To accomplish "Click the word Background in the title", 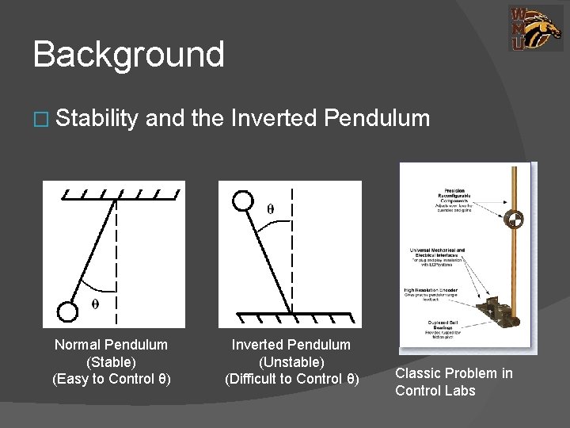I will point(128,55).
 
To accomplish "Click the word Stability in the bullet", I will point(98,119).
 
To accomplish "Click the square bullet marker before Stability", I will point(40,120).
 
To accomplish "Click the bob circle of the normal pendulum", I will point(70,311).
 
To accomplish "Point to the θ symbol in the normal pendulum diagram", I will point(96,304).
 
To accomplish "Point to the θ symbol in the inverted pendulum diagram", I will point(271,209).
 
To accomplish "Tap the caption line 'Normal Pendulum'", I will point(111,345).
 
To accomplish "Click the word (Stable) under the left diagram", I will point(111,361).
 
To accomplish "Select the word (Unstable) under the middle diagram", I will point(291,361).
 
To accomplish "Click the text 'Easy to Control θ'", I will point(111,378).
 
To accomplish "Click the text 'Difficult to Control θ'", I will point(291,378).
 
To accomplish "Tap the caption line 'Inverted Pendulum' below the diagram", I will point(291,345).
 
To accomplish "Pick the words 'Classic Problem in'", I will point(454,373).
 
